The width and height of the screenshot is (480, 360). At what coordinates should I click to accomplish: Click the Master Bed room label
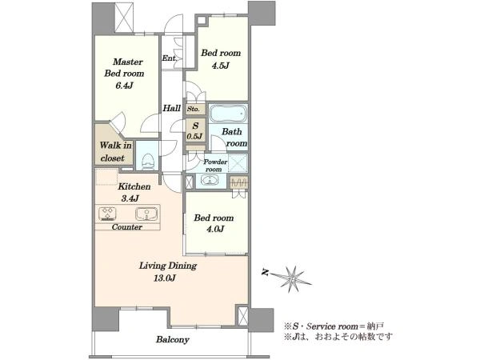[x=124, y=74]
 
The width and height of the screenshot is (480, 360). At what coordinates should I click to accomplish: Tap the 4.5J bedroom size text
[x=221, y=66]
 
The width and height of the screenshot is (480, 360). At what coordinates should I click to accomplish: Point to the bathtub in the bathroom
[x=228, y=114]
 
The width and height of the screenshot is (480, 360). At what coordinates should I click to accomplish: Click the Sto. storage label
[x=194, y=109]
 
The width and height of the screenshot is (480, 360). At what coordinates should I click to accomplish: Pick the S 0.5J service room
[x=195, y=130]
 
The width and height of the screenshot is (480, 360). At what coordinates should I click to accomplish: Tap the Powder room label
[x=215, y=166]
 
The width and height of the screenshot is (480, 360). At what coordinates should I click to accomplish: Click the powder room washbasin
[x=210, y=180]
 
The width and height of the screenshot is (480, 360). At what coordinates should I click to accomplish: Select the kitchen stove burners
[x=107, y=214]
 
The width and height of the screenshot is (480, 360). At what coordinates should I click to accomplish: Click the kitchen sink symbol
[x=146, y=214]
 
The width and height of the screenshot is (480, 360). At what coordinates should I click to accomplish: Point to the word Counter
[x=126, y=227]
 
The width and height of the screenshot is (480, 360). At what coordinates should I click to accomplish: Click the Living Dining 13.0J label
[x=168, y=271]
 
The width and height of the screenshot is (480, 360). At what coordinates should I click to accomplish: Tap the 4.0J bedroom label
[x=214, y=223]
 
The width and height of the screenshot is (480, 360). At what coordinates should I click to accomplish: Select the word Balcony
[x=172, y=339]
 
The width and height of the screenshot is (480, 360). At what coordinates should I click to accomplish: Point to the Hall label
[x=171, y=108]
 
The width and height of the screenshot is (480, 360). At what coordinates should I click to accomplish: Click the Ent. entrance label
[x=169, y=58]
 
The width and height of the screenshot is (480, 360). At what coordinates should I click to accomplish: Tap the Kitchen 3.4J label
[x=134, y=192]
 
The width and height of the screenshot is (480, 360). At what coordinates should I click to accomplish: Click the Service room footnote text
[x=334, y=326]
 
